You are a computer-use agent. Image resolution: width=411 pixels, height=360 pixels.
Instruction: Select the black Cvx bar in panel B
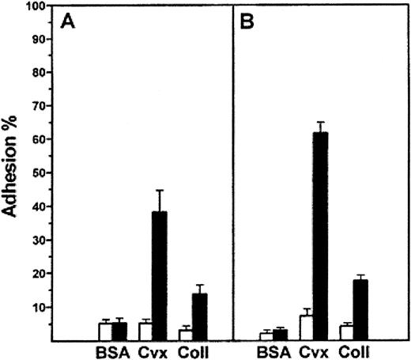320,237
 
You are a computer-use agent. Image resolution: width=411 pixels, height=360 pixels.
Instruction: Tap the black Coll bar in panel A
199,317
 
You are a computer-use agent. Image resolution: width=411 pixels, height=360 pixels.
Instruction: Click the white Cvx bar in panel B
306,328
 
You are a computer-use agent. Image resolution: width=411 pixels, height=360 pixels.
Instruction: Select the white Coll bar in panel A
185,335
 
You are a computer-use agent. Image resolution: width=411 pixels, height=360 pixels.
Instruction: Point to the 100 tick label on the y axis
35,6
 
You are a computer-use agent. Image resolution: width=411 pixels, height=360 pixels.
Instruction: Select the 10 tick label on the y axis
37,307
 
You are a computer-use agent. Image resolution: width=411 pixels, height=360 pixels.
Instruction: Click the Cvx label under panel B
313,351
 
